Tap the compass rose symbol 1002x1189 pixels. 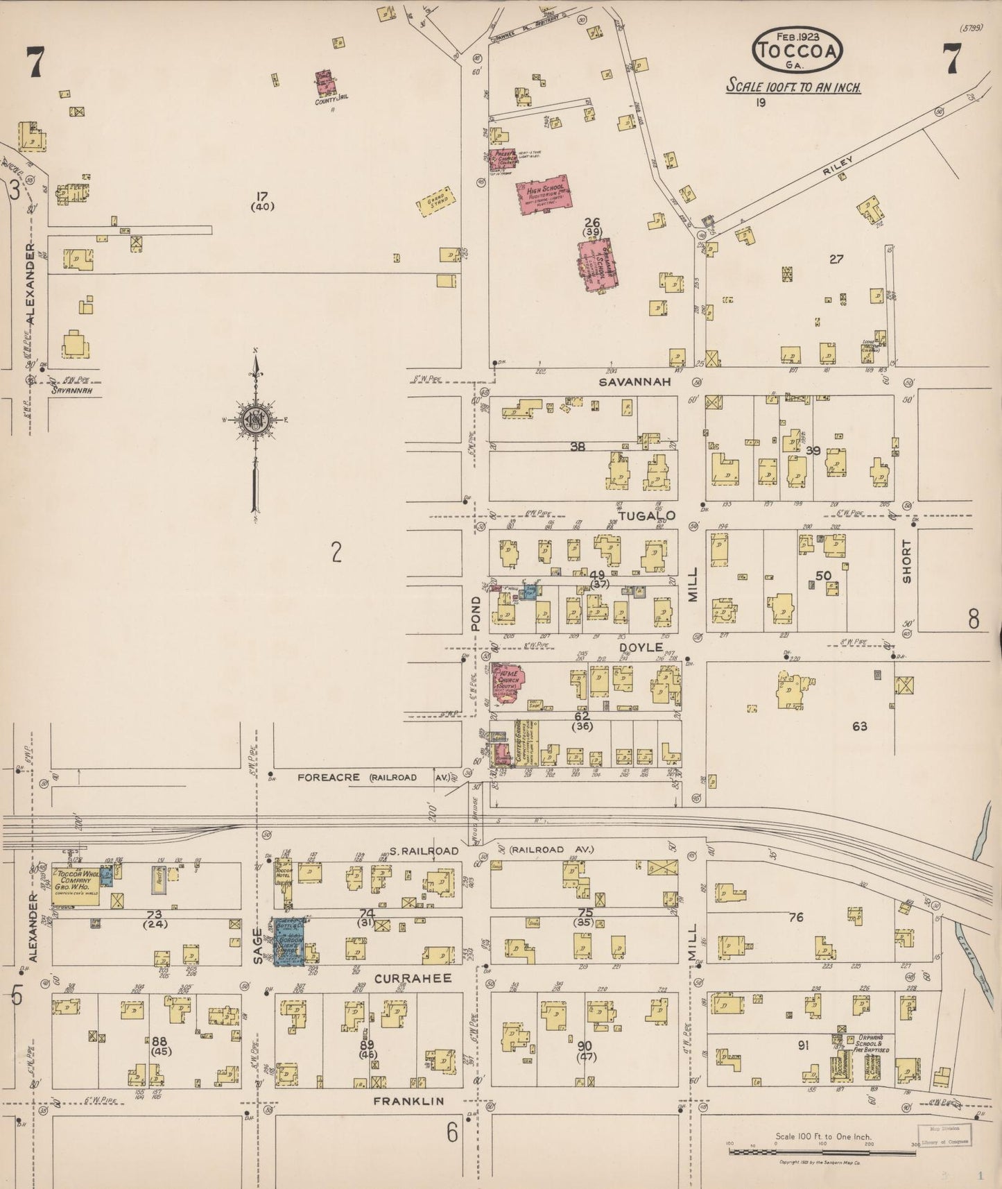(x=255, y=420)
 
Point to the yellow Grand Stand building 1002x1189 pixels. (x=435, y=199)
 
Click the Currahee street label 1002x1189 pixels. (x=413, y=978)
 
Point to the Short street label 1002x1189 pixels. (x=906, y=561)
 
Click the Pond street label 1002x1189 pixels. (x=476, y=613)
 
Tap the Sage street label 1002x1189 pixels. (x=258, y=945)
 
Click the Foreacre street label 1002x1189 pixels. (x=329, y=778)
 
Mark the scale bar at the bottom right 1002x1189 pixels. (x=822, y=1152)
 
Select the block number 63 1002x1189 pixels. (x=860, y=726)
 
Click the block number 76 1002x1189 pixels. (x=795, y=917)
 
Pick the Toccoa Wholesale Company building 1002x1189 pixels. (x=75, y=884)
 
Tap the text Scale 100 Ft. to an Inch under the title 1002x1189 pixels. (x=793, y=87)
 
